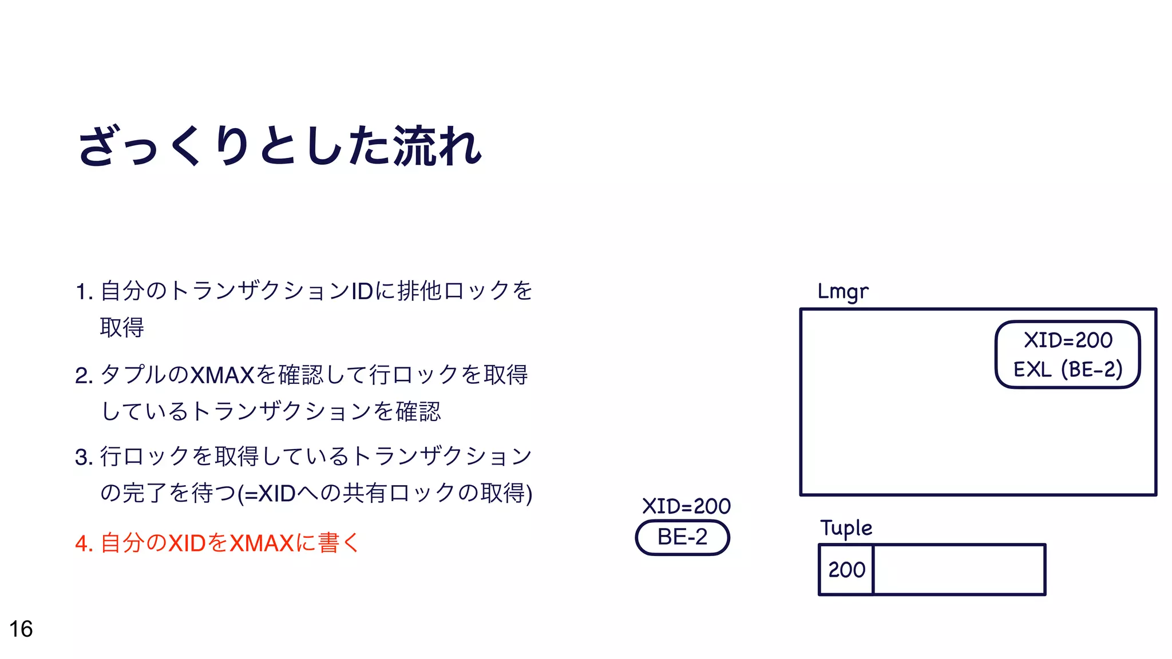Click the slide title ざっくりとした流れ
point(280,146)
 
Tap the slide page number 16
point(21,629)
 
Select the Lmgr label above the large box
point(842,292)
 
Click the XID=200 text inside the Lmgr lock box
point(1068,340)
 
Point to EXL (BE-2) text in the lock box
point(1068,370)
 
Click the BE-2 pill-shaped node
point(682,537)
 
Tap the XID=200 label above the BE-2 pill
point(686,506)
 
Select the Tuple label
point(846,528)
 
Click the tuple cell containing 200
point(846,570)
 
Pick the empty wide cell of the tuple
point(959,570)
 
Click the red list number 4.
point(84,543)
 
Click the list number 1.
point(84,292)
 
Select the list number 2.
point(84,376)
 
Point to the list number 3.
point(84,458)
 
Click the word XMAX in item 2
point(221,376)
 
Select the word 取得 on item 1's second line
point(122,328)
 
